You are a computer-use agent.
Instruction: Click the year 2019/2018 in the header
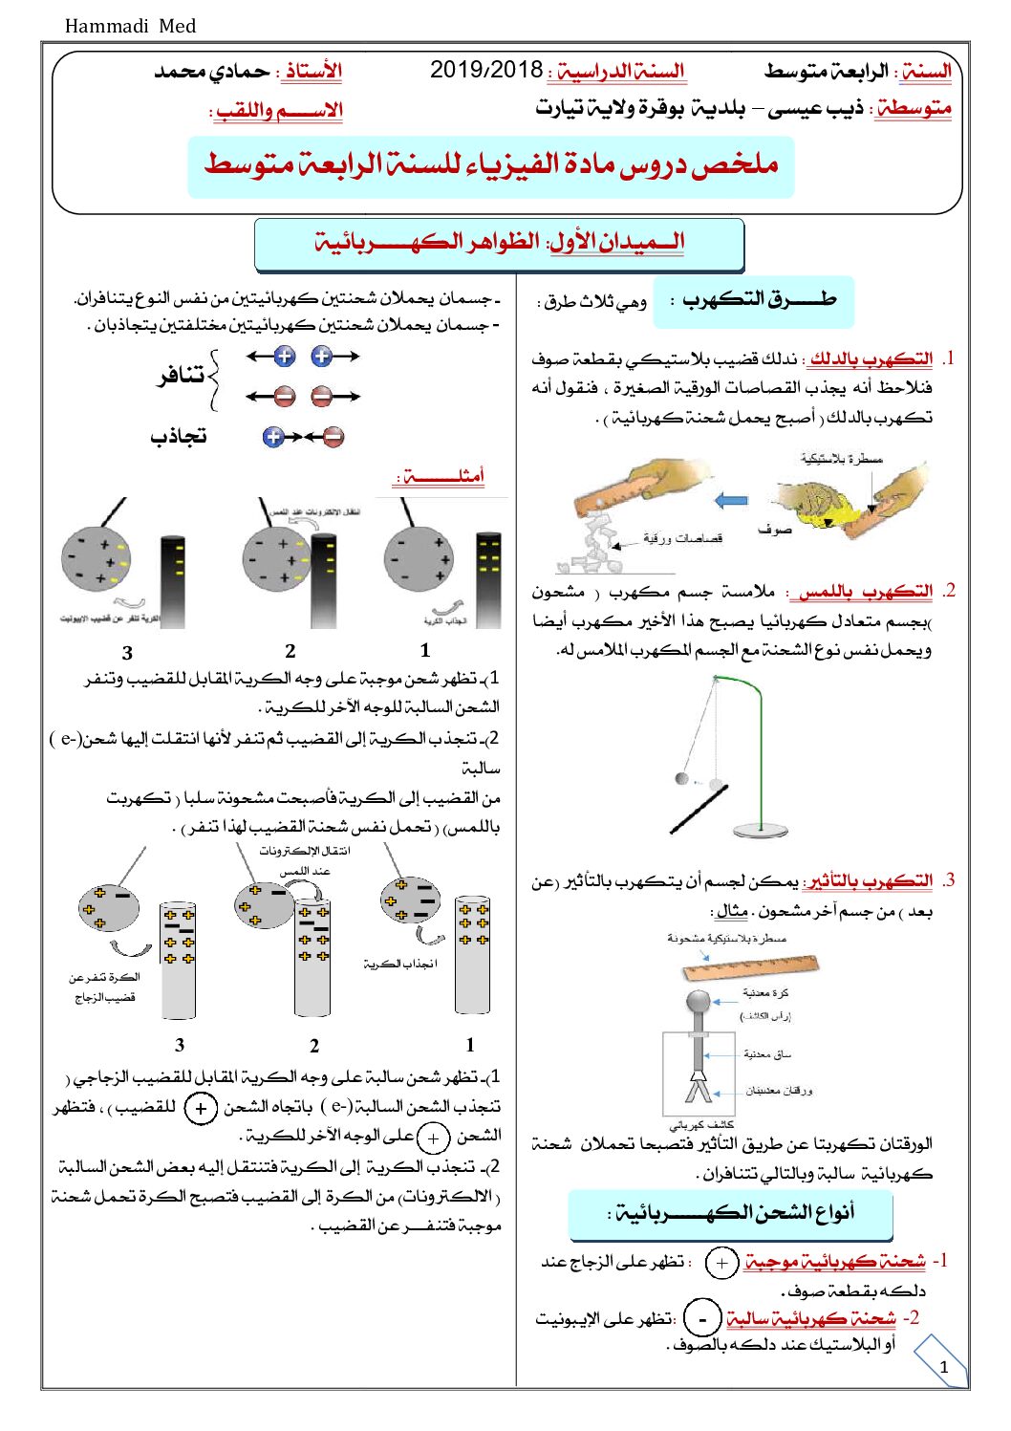486,70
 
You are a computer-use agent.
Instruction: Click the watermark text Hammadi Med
130,26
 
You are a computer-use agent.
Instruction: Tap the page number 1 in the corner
943,1367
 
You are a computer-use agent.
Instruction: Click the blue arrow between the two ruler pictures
732,500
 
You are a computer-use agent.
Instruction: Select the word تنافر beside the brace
181,375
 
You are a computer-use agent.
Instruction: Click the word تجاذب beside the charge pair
179,437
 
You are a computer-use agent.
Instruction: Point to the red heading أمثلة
442,475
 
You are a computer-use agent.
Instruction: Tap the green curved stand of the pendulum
759,707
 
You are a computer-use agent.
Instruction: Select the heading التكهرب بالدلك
870,358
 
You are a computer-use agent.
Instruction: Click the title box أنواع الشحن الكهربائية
731,1214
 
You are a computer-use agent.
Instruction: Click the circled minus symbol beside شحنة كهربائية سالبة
702,1318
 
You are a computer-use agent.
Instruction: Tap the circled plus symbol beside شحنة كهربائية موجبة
721,1263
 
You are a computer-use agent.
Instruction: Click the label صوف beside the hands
773,529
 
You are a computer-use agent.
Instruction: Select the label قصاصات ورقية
682,539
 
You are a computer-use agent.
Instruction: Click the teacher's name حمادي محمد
212,71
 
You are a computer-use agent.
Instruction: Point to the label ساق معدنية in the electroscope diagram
767,1053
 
